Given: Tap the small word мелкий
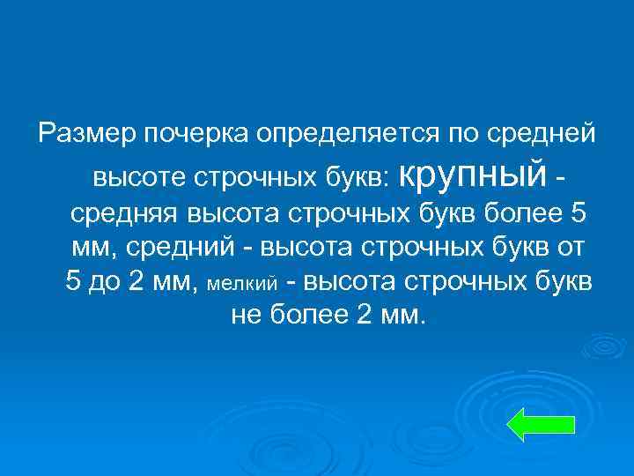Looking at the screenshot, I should (241, 284).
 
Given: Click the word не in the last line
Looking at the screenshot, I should (245, 316).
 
